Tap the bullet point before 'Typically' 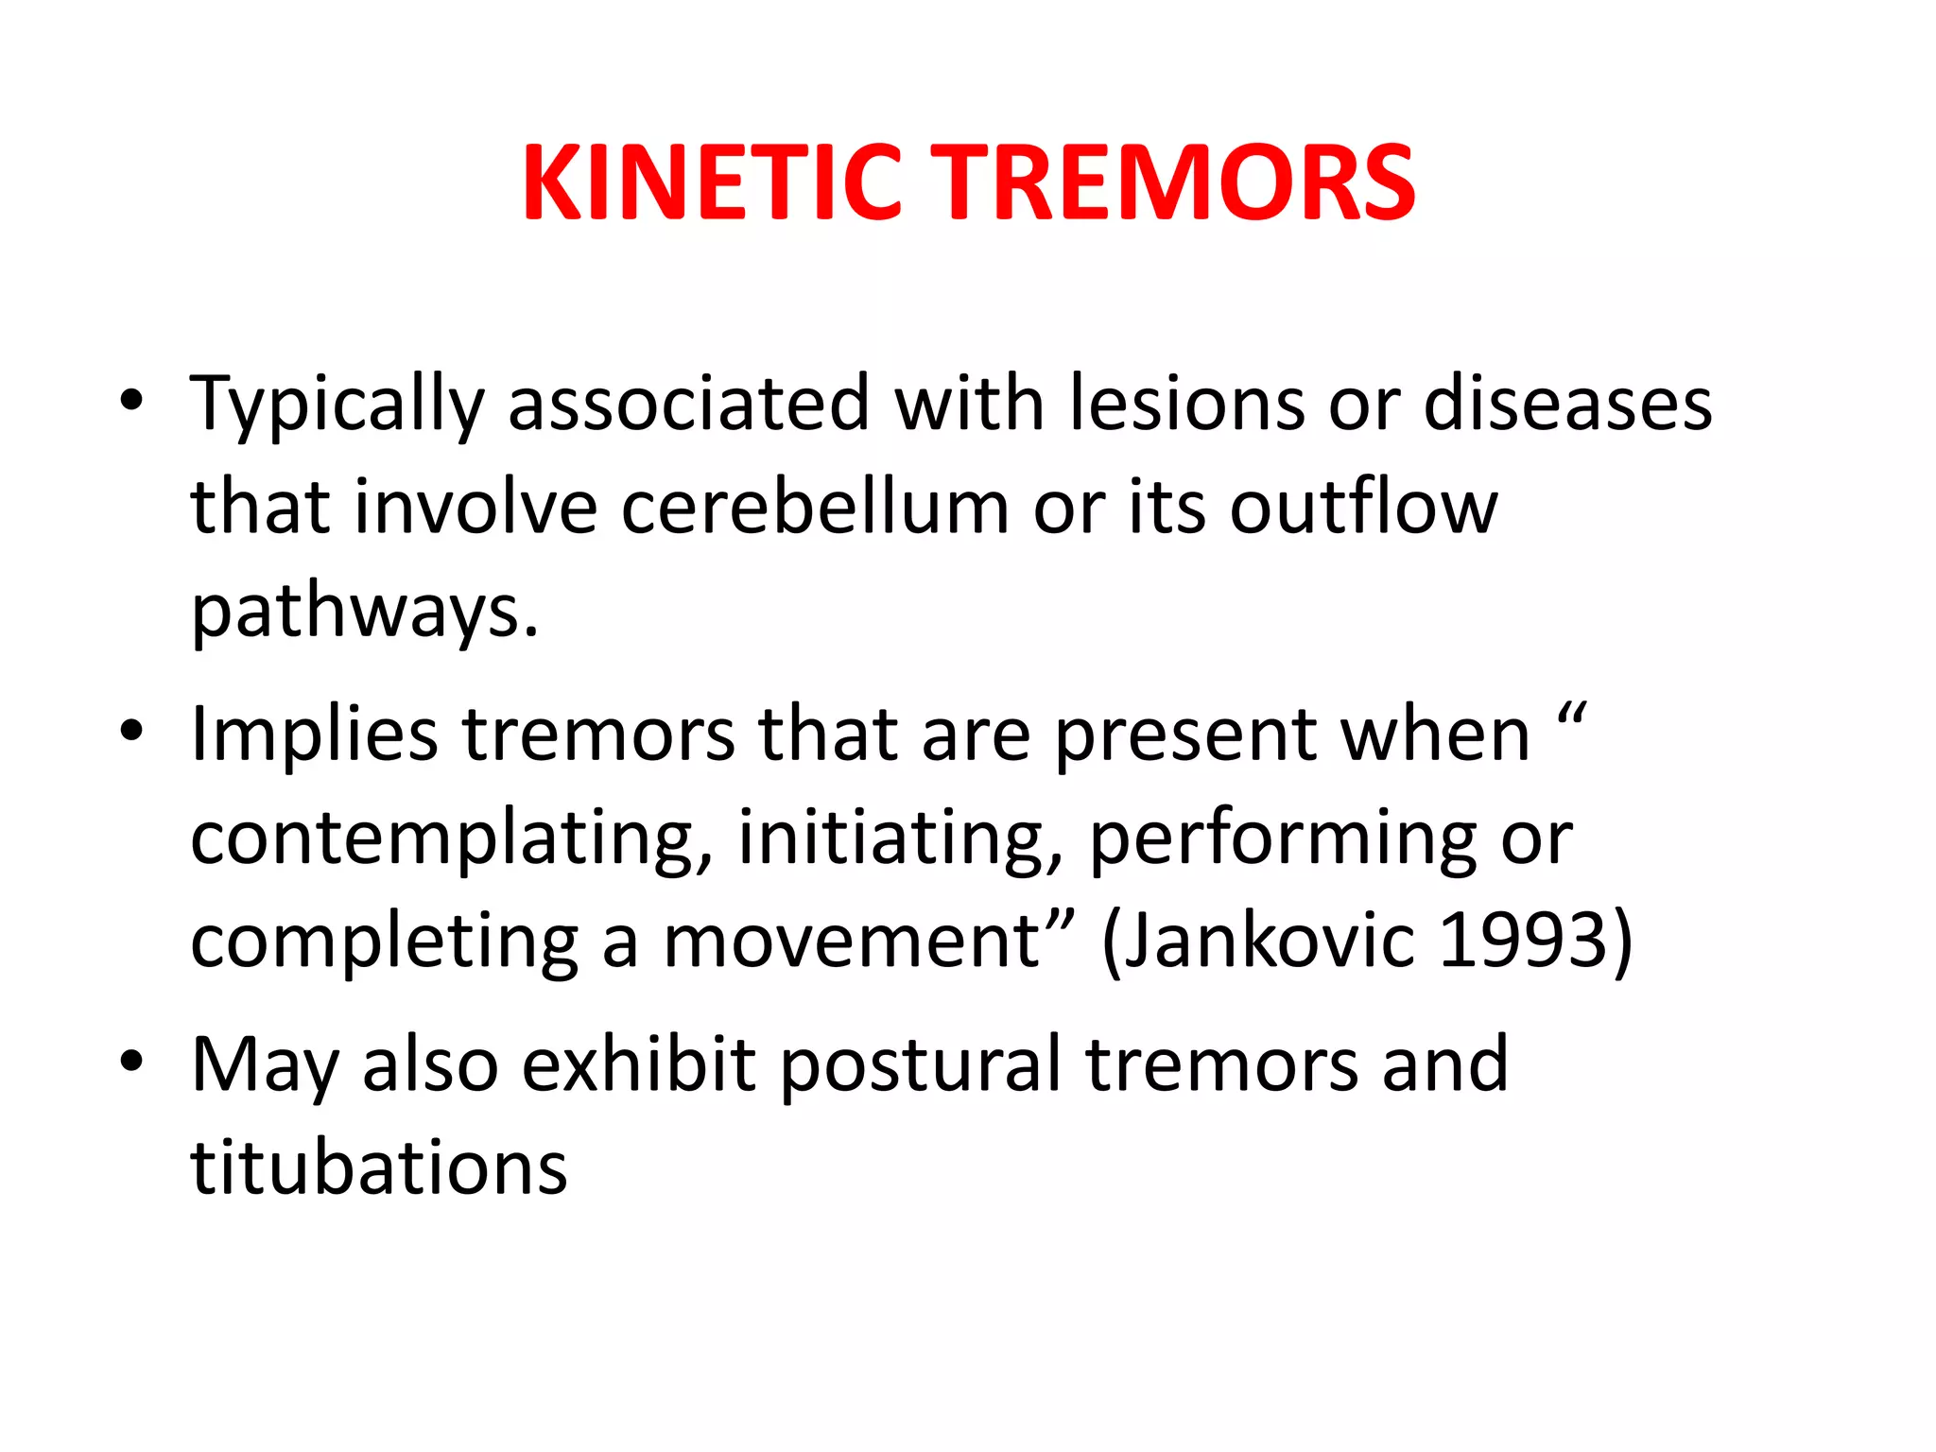click(x=131, y=401)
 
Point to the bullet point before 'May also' click(x=131, y=1061)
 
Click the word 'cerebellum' click(x=815, y=508)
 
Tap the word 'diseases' click(x=1567, y=405)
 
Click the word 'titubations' click(x=378, y=1168)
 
